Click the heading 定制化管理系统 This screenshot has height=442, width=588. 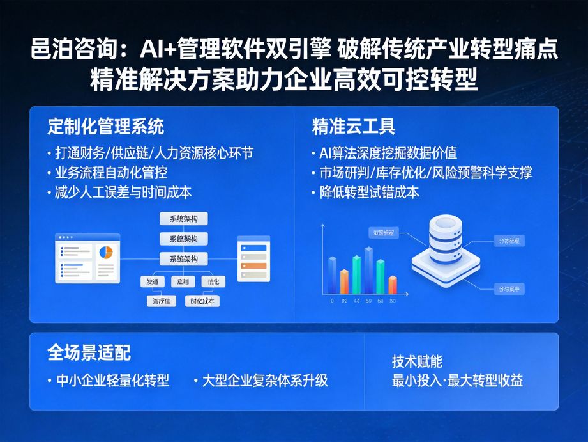point(105,126)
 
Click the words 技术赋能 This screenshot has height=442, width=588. point(417,361)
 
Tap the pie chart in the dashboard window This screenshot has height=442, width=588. point(105,252)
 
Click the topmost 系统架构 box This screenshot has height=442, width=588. point(183,219)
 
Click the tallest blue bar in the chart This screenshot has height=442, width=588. point(368,269)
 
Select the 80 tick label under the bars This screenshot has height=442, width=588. point(392,301)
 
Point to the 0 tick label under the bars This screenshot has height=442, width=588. point(332,301)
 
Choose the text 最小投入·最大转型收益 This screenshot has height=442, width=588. point(457,381)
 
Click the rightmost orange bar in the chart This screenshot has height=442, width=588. point(393,284)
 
